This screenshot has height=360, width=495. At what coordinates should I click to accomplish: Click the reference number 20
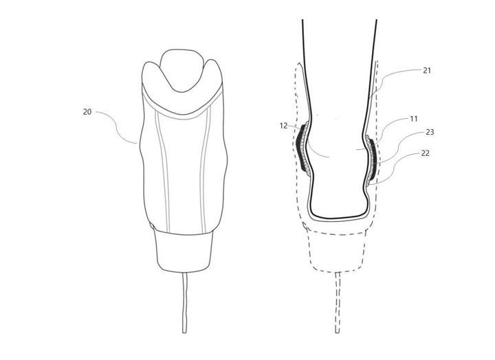coord(87,112)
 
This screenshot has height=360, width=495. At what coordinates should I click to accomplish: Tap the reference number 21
coord(427,70)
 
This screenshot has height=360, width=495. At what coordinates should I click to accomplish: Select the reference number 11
coord(414,119)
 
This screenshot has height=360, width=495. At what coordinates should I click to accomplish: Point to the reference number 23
coord(430,132)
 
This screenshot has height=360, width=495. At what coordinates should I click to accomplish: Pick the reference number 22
coord(426,153)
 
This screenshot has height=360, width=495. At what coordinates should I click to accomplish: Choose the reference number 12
coord(283,126)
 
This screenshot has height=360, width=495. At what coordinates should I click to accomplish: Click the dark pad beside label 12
coord(302,148)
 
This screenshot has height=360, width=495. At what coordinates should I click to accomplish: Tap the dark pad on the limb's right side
coord(373,158)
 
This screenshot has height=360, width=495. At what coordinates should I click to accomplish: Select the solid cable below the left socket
coord(185,302)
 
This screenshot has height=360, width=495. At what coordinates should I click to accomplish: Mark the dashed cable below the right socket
coord(338,302)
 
